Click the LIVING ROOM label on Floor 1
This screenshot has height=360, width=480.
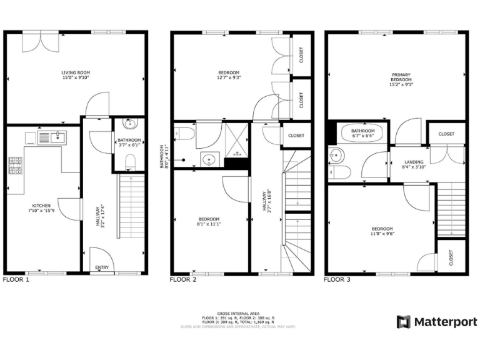pyautogui.click(x=75, y=72)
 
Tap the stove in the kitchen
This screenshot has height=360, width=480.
pyautogui.click(x=16, y=165)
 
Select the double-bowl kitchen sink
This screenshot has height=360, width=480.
pyautogui.click(x=53, y=136)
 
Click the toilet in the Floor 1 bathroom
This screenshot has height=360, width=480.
pyautogui.click(x=130, y=162)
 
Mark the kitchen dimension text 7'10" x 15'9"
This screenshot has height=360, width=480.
pyautogui.click(x=41, y=211)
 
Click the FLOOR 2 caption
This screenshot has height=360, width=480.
pyautogui.click(x=183, y=280)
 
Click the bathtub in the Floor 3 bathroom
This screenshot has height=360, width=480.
pyautogui.click(x=362, y=133)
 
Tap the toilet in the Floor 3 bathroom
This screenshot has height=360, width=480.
pyautogui.click(x=338, y=171)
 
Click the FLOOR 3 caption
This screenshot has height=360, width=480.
pyautogui.click(x=337, y=280)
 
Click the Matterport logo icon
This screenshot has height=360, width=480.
pyautogui.click(x=404, y=322)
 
